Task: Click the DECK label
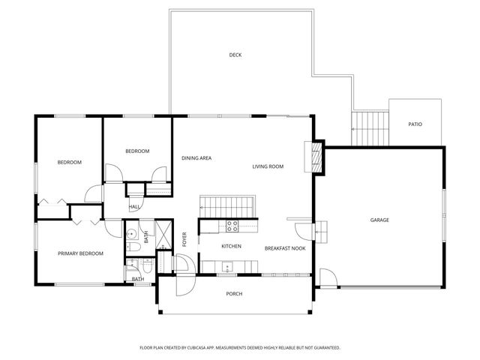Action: coord(235,55)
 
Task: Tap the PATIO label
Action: coord(415,124)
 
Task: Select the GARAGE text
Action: coord(379,220)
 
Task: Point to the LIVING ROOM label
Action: coord(268,166)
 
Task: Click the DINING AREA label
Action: coord(196,158)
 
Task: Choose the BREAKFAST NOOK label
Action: coord(285,247)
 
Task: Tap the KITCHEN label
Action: coord(231,246)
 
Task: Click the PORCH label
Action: coord(234,293)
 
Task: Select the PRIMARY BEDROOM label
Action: coord(80,253)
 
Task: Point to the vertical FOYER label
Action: coord(184,240)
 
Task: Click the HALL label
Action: coord(135,206)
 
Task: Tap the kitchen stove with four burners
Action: coord(232,224)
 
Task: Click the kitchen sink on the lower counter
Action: coord(226,265)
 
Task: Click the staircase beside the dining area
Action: coord(228,204)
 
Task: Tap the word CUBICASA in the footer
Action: coord(202,348)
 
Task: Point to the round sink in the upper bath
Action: coord(130,232)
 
